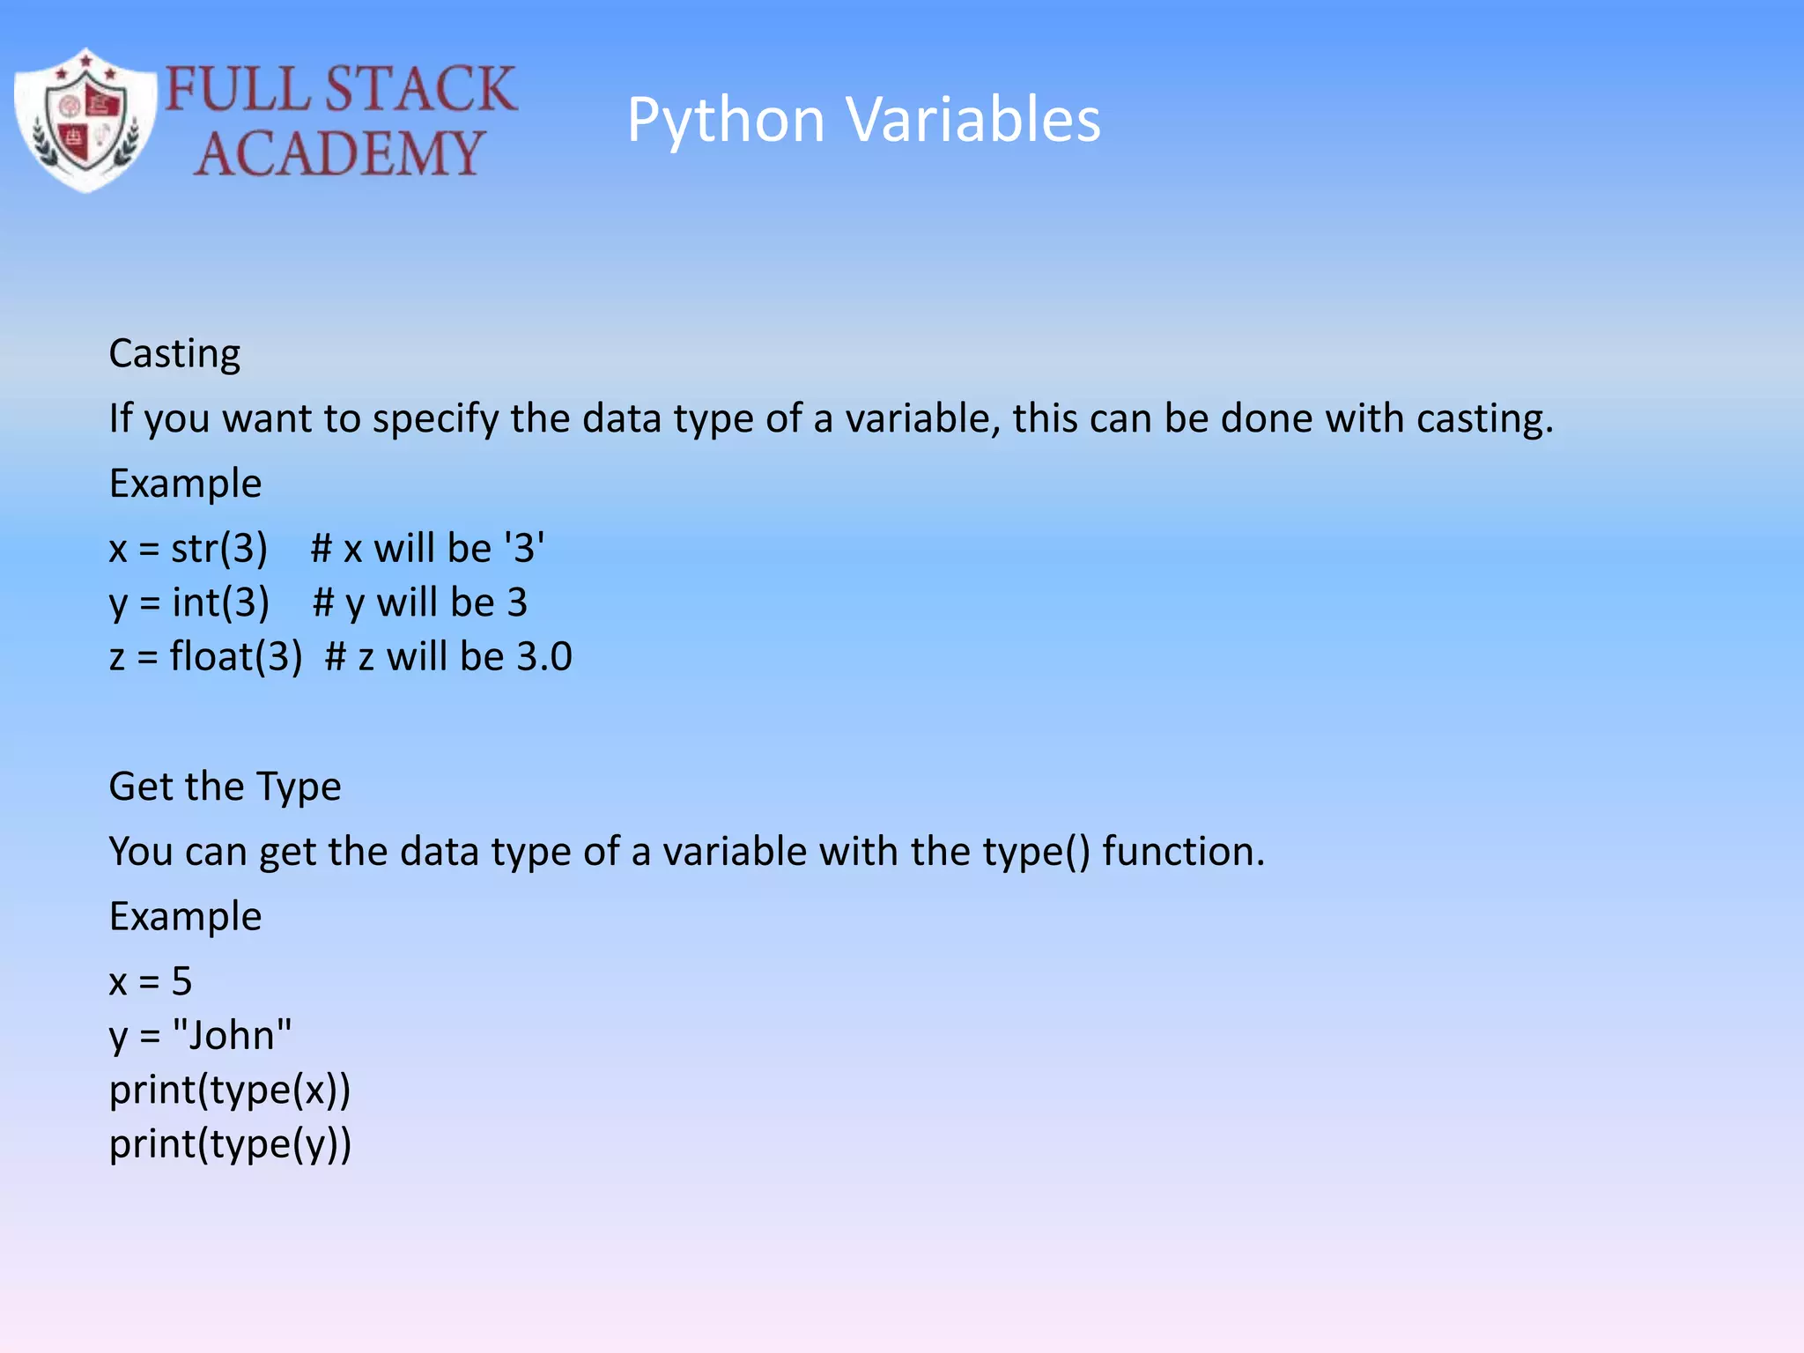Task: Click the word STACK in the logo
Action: pyautogui.click(x=420, y=89)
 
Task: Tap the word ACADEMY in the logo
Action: pyautogui.click(x=339, y=153)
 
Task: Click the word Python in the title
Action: pyautogui.click(x=725, y=120)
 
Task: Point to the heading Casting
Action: pyautogui.click(x=174, y=354)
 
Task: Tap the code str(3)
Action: pyautogui.click(x=218, y=549)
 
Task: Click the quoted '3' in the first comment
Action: pyautogui.click(x=524, y=549)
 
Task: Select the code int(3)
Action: pyautogui.click(x=220, y=603)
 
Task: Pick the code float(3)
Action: pyautogui.click(x=235, y=657)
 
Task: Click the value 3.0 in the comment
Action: pyautogui.click(x=543, y=657)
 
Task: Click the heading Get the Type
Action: pyautogui.click(x=225, y=787)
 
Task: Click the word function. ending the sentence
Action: pyautogui.click(x=1183, y=852)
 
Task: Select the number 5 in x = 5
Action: pyautogui.click(x=181, y=981)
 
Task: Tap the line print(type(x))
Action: pyautogui.click(x=230, y=1091)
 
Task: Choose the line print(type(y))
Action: pyautogui.click(x=230, y=1145)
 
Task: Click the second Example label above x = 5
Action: pyautogui.click(x=185, y=917)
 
